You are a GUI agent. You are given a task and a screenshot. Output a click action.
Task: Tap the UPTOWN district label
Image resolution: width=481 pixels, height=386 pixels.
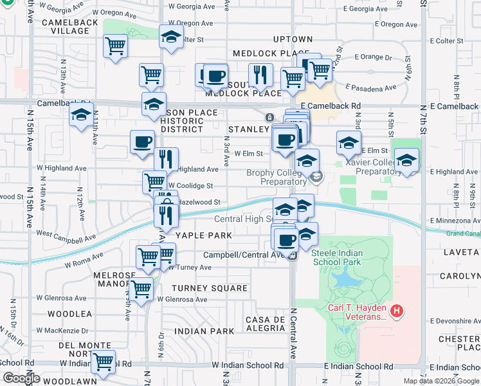tap(292, 39)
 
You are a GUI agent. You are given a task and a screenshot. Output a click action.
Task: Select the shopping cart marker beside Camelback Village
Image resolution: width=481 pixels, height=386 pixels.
tap(115, 46)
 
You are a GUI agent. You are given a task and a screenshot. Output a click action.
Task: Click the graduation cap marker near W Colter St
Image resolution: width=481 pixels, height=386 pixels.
tap(171, 37)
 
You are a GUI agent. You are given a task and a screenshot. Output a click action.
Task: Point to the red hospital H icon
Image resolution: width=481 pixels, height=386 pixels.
tap(397, 312)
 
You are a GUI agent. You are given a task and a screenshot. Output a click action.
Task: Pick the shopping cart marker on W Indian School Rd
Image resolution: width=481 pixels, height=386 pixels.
tap(102, 363)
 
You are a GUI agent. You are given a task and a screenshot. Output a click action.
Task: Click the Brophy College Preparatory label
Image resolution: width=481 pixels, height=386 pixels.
tap(278, 177)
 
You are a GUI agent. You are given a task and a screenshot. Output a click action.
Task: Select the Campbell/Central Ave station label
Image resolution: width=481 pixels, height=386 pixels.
tap(244, 255)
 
